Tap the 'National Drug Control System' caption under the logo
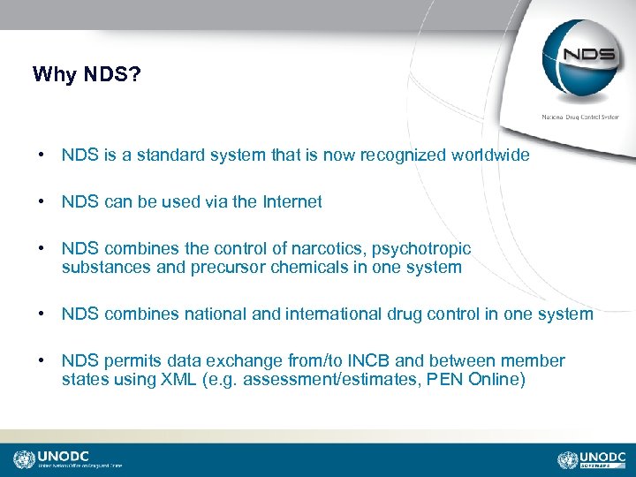click(580, 117)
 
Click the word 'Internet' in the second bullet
click(292, 202)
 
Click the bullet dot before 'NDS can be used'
click(42, 202)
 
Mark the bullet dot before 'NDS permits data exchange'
click(42, 361)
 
